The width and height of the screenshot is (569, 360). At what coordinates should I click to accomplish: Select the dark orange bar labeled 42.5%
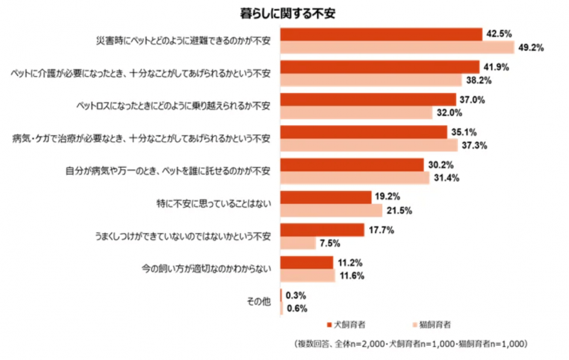click(x=381, y=34)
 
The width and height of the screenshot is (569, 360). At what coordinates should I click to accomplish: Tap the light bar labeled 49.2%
click(x=398, y=47)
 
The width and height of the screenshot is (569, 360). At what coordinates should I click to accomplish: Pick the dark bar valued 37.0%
click(x=368, y=99)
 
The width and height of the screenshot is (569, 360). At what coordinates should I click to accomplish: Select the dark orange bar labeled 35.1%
click(x=364, y=132)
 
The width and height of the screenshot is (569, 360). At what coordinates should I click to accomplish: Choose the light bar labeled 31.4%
click(x=354, y=178)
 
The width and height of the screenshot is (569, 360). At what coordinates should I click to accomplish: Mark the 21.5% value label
click(x=399, y=211)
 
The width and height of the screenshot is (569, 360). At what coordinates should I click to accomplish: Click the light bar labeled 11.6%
click(x=308, y=276)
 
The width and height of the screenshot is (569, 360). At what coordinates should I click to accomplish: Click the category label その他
click(x=259, y=302)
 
